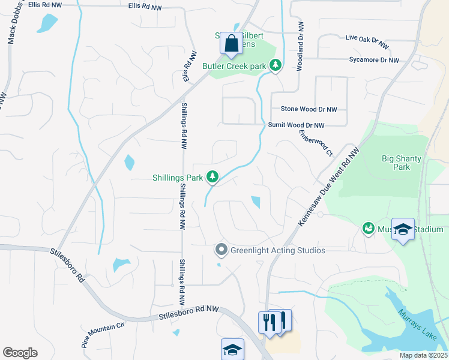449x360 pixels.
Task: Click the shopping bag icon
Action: tap(231, 44)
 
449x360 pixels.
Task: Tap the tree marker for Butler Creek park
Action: tap(276, 65)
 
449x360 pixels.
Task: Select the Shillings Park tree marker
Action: tap(212, 176)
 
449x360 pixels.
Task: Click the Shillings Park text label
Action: tap(178, 178)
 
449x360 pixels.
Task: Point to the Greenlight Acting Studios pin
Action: tap(221, 250)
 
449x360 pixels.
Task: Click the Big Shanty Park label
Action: tap(402, 163)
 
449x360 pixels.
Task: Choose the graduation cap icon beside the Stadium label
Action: tap(403, 230)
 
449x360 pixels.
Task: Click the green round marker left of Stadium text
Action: tap(367, 229)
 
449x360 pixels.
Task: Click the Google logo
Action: tap(20, 353)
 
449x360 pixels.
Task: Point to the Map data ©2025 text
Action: tap(423, 355)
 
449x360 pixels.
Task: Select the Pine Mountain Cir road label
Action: tap(103, 334)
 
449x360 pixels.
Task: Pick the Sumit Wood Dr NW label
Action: tap(296, 125)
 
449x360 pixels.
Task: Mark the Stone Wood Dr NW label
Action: tap(309, 109)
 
